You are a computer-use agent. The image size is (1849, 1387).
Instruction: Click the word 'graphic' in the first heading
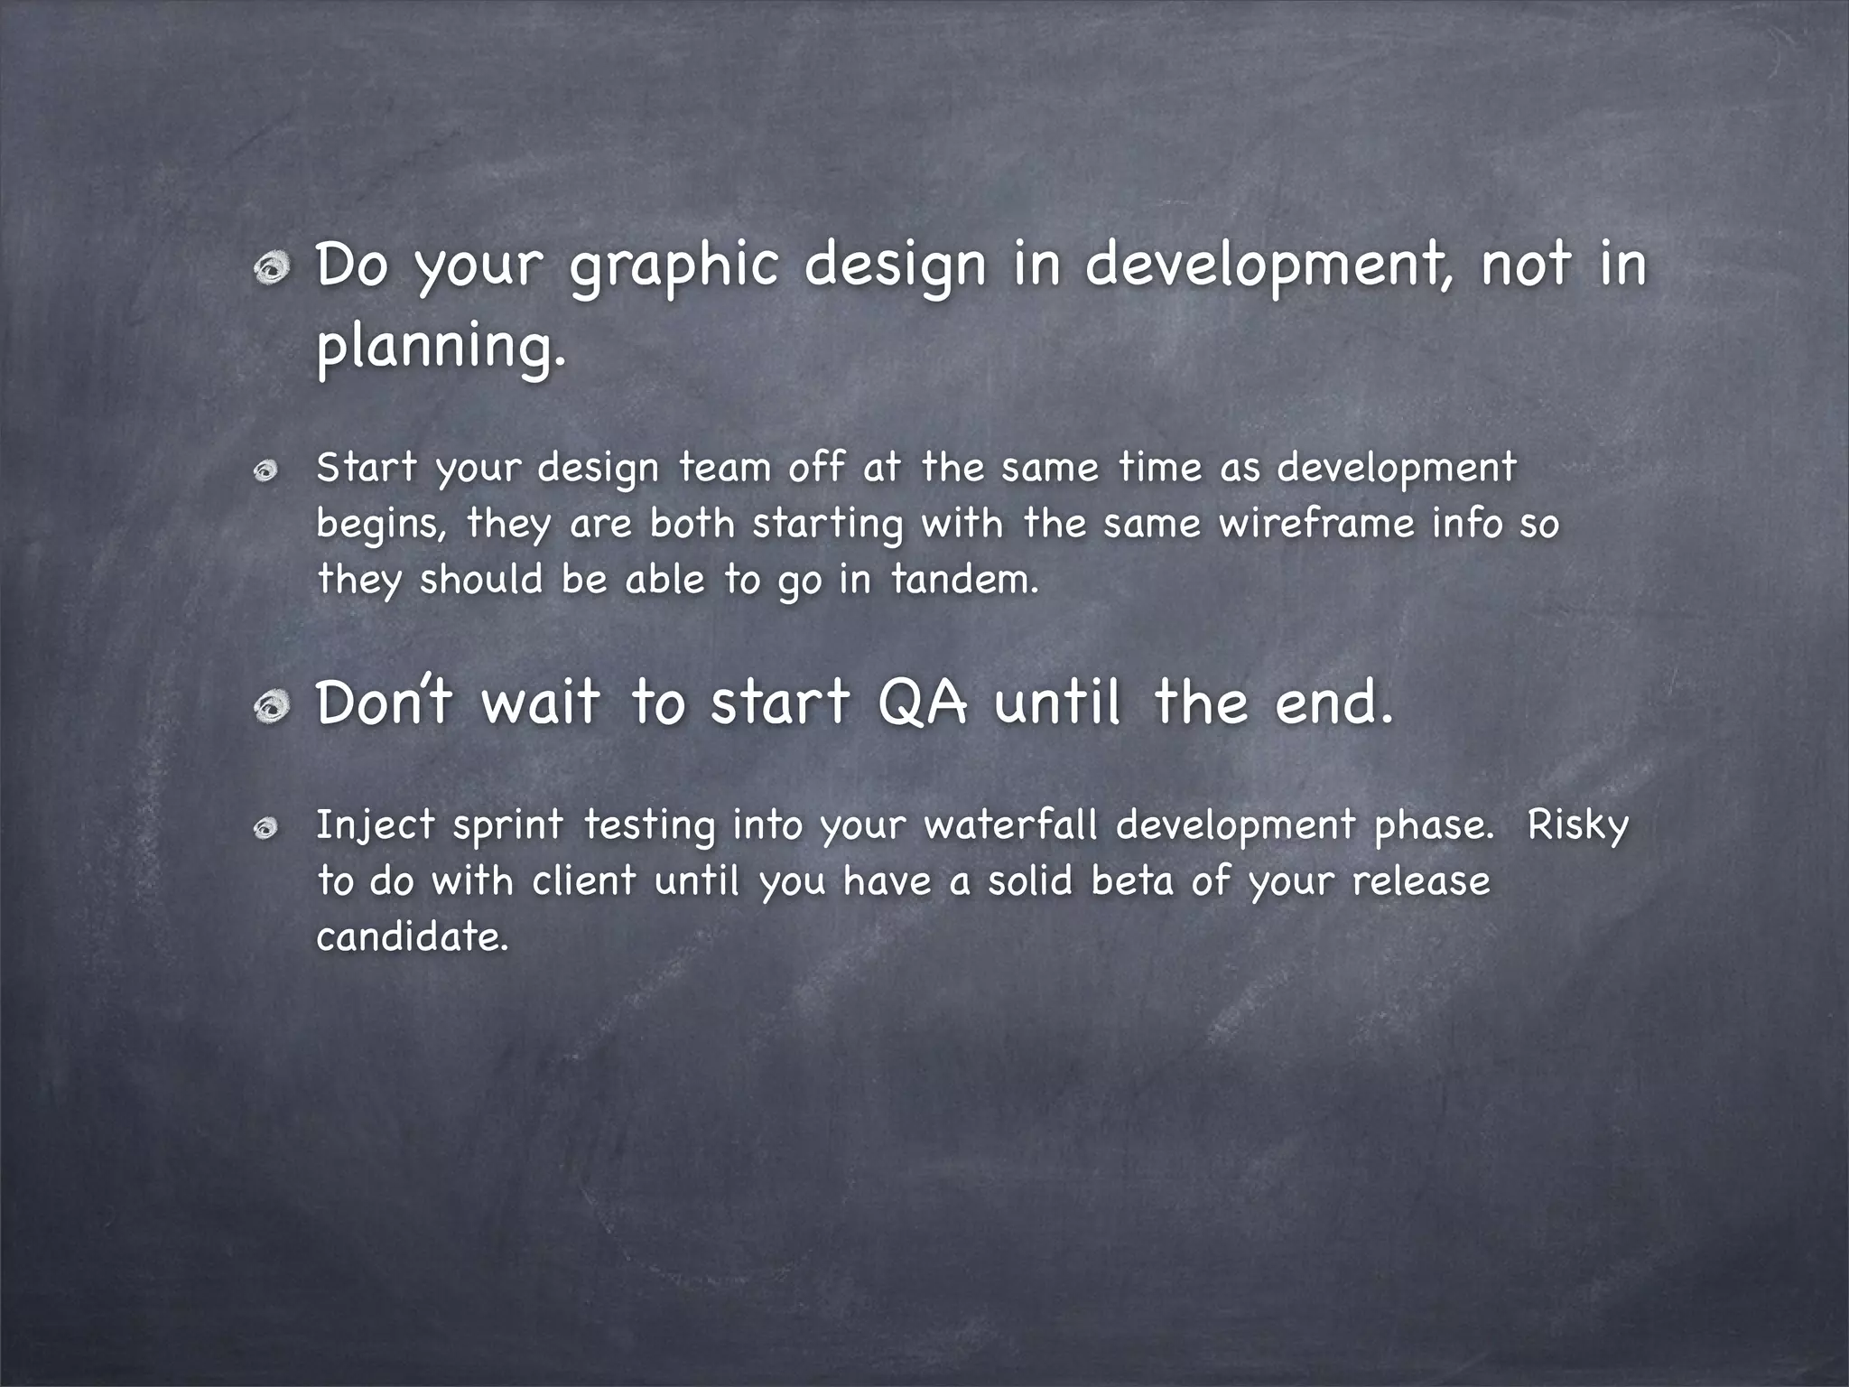(674, 266)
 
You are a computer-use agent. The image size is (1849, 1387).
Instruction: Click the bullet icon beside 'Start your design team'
(265, 471)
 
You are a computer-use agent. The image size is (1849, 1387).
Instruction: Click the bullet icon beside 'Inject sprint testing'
(265, 829)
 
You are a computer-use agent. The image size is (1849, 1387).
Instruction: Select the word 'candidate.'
(413, 936)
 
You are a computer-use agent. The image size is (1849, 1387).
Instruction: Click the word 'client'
(583, 881)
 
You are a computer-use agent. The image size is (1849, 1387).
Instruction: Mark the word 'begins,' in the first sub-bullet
(381, 526)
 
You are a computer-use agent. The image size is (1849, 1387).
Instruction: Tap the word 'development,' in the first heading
(1268, 266)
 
